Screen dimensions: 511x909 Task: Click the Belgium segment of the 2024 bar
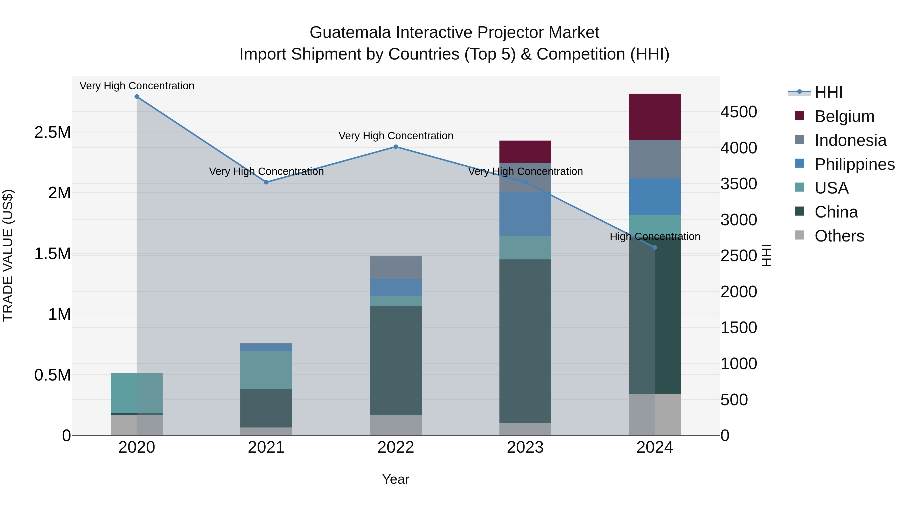pyautogui.click(x=654, y=117)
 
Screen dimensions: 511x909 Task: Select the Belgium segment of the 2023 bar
pyautogui.click(x=525, y=152)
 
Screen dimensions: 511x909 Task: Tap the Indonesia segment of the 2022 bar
pyautogui.click(x=396, y=268)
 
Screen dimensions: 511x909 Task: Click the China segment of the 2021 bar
pyautogui.click(x=266, y=408)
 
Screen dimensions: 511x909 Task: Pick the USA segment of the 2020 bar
pyautogui.click(x=137, y=393)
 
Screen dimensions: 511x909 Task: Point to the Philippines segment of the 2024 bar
pyautogui.click(x=654, y=197)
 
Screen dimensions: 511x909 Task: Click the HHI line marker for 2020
pyautogui.click(x=137, y=97)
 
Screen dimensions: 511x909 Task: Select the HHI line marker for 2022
pyautogui.click(x=396, y=147)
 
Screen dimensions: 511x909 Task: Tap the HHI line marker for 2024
pyautogui.click(x=654, y=248)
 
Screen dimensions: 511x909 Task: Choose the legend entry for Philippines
pyautogui.click(x=854, y=164)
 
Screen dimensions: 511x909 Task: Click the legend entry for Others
pyautogui.click(x=839, y=236)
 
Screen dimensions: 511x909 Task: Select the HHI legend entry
pyautogui.click(x=828, y=92)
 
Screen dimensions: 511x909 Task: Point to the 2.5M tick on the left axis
pyautogui.click(x=52, y=132)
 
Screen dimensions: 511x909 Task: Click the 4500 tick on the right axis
pyautogui.click(x=739, y=112)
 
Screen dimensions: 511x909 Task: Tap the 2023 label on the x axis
pyautogui.click(x=525, y=447)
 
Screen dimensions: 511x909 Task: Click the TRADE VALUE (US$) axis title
pyautogui.click(x=8, y=256)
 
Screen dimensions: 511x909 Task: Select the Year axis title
pyautogui.click(x=396, y=479)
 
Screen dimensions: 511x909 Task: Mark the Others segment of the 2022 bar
pyautogui.click(x=396, y=425)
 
